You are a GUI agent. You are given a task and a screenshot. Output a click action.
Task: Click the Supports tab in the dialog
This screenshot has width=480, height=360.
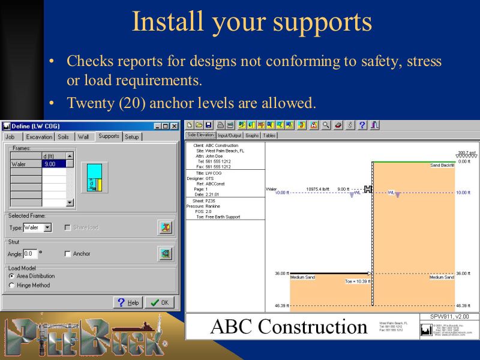(109, 137)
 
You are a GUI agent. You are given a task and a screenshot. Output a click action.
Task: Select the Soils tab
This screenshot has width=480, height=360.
(63, 137)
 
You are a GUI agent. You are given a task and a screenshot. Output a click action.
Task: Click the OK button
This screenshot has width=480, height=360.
(160, 302)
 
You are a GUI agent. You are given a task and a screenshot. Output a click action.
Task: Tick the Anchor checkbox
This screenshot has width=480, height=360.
(68, 254)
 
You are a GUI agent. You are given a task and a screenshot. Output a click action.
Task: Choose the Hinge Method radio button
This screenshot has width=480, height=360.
(11, 286)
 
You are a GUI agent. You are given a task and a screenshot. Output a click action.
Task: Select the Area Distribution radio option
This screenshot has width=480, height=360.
(11, 276)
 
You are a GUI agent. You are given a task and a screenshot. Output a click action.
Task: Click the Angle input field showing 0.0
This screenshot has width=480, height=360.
(30, 254)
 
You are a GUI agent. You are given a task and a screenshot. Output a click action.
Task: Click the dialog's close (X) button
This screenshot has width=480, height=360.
(174, 126)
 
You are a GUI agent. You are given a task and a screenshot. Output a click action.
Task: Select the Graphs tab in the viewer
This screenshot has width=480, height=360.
(252, 136)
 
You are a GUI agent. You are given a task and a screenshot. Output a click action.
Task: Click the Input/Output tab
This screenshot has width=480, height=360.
(230, 136)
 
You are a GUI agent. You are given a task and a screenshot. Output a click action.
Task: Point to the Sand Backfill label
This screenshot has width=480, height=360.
(443, 165)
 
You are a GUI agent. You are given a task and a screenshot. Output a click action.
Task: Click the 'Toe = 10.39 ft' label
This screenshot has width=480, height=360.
(358, 281)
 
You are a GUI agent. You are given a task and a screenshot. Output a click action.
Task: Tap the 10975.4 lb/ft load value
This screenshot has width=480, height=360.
(319, 189)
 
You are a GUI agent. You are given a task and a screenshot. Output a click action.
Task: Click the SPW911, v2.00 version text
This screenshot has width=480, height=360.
(449, 317)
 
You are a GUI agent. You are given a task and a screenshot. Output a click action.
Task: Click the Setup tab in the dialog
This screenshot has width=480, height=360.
(132, 137)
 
